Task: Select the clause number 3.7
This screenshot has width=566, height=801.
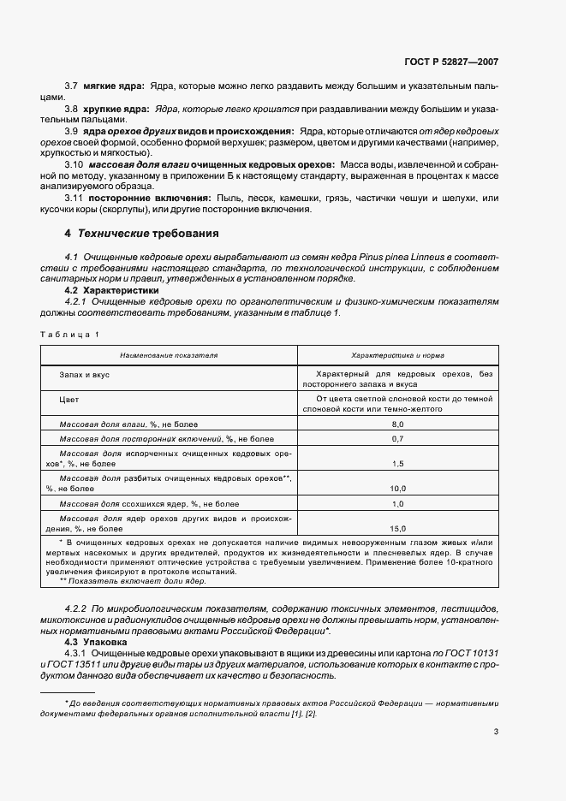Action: (72, 87)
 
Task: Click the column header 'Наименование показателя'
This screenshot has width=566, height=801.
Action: (169, 354)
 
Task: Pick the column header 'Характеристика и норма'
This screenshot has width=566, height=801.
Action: (397, 354)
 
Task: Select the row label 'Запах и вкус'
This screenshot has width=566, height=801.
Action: (84, 375)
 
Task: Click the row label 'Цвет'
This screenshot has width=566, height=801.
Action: (69, 399)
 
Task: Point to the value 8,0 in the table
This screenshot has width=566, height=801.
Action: (397, 424)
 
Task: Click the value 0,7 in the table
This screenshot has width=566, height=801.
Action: (397, 438)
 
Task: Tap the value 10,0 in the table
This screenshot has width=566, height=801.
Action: (397, 488)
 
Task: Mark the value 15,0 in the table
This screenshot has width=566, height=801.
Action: (397, 529)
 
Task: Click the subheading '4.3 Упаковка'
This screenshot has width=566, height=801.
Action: (96, 641)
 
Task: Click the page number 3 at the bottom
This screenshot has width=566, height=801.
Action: (496, 732)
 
